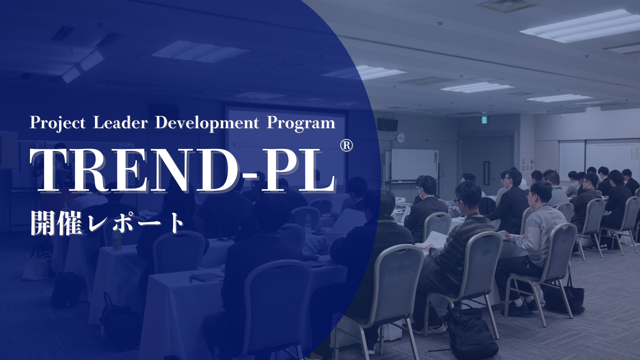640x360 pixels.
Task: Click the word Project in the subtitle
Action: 58,123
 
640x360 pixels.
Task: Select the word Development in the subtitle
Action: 207,123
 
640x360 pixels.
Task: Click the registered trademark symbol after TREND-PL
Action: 346,145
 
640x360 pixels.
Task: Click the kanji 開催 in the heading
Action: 56,223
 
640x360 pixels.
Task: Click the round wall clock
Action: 401,137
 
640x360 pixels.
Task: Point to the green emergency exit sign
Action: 483,119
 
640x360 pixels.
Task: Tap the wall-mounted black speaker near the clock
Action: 387,125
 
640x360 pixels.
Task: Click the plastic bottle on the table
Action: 308,223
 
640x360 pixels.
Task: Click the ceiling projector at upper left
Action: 83,67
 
